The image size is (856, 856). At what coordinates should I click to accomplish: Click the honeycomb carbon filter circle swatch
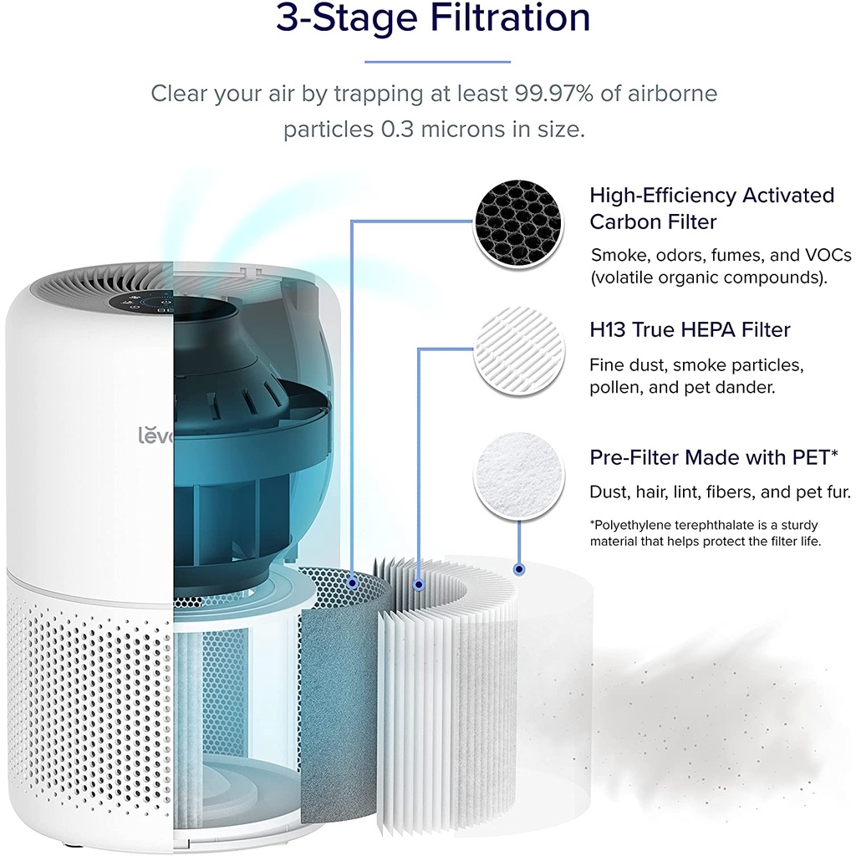514,223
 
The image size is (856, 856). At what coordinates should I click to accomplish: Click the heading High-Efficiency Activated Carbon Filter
711,208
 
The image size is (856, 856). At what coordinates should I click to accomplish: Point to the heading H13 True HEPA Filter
690,330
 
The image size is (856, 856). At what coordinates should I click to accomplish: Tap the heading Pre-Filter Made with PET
714,457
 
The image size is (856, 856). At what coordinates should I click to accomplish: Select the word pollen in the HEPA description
613,389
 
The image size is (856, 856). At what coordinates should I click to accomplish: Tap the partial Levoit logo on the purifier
155,435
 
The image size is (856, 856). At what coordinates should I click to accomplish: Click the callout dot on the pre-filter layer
519,568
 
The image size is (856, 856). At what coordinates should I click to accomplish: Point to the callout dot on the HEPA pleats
418,585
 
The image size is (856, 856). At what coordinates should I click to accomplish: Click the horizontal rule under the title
438,61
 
